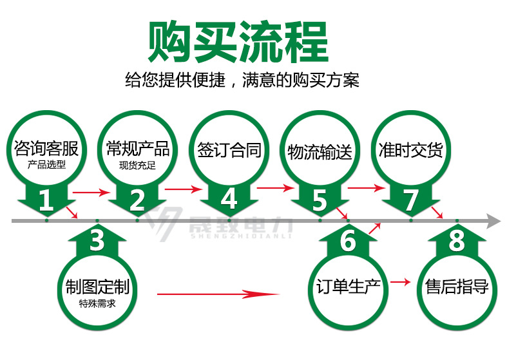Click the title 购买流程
238,42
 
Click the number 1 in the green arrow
46,200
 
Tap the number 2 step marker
137,200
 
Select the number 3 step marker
97,241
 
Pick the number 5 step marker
320,200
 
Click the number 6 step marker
348,242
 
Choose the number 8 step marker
457,242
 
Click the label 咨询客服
46,150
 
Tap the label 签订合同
229,150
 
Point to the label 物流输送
320,153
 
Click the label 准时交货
411,151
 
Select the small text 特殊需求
97,303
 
